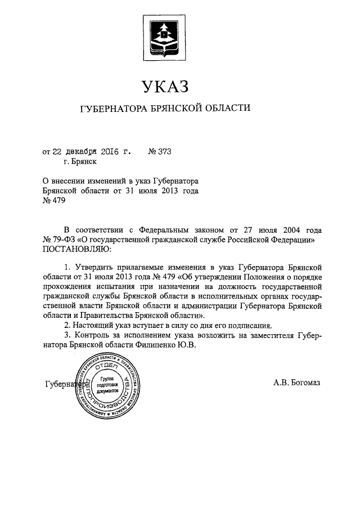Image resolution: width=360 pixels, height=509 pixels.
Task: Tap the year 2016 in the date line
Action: click(x=104, y=151)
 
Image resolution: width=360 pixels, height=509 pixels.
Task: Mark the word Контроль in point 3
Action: click(x=92, y=335)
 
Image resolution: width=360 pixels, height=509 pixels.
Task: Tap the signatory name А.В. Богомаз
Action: click(x=296, y=384)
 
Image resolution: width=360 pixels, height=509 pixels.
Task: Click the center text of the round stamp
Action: click(x=107, y=386)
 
